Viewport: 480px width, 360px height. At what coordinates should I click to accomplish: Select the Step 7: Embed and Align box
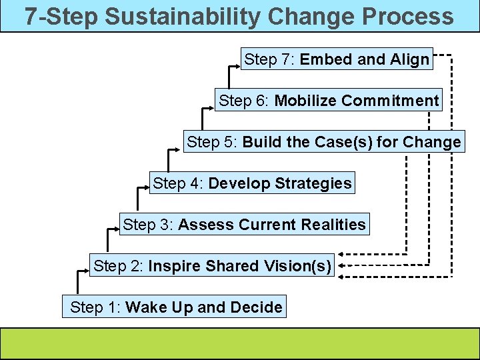pos(337,59)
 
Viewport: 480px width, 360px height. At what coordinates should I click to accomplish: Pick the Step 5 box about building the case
pos(323,142)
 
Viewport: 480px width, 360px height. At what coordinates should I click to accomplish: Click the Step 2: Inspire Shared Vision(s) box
pos(212,266)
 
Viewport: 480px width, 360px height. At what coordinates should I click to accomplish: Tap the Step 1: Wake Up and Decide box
pos(175,307)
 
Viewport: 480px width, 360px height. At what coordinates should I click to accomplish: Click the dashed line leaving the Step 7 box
pos(443,55)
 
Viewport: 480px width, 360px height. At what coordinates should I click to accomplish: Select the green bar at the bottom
pos(239,342)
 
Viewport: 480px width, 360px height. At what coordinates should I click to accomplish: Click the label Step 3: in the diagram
pos(148,225)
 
